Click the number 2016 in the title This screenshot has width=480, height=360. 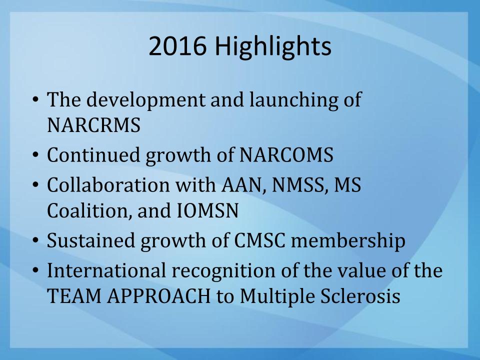click(177, 46)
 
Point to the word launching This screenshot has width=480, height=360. click(294, 100)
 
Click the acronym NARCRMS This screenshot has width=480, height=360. click(93, 125)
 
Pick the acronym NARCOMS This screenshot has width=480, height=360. click(286, 154)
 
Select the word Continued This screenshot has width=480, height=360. click(93, 154)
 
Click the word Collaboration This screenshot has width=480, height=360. click(108, 185)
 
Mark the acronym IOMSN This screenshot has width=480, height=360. click(208, 211)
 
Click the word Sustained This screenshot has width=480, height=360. click(90, 240)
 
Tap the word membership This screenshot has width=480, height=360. click(348, 241)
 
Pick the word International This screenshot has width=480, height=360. click(106, 270)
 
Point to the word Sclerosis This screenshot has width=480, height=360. click(360, 296)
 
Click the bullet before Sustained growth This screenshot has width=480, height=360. click(36, 241)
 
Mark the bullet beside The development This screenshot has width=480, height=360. click(36, 100)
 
